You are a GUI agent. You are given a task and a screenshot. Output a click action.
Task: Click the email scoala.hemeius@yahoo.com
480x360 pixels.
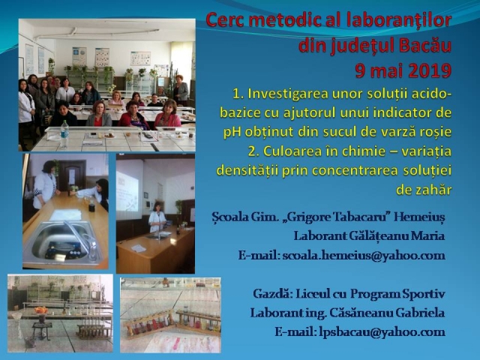364,256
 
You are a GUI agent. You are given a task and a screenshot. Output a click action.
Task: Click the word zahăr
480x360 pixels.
424,190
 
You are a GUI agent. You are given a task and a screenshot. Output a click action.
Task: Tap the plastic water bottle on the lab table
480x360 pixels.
64,134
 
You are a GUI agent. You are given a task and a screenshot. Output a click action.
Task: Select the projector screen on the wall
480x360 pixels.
128,190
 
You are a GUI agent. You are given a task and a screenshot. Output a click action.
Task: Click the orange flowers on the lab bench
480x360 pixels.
41,310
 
